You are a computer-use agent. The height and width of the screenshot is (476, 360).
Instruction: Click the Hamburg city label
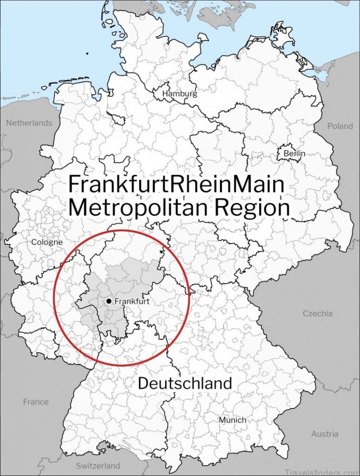tap(180, 93)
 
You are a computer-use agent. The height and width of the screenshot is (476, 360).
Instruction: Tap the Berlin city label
tap(294, 153)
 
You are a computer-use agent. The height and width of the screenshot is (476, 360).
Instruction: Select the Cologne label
tap(47, 242)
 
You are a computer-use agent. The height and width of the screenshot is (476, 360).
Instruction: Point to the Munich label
tap(233, 420)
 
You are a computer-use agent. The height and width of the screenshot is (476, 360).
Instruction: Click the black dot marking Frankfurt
tap(109, 301)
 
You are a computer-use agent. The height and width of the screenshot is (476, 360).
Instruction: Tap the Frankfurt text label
tap(132, 301)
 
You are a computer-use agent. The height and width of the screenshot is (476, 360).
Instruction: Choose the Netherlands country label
tap(29, 123)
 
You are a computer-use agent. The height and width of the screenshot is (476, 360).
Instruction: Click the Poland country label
tap(340, 126)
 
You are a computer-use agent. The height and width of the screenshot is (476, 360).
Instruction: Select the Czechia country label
tap(318, 313)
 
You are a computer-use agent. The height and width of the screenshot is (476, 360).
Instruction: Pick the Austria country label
tap(325, 434)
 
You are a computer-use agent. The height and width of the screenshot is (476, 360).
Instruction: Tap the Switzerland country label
tap(98, 465)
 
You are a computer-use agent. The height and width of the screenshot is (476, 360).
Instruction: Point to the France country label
tap(36, 402)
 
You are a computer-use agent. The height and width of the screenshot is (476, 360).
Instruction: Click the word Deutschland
tap(185, 383)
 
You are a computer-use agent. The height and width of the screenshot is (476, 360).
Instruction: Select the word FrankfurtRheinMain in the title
tap(176, 185)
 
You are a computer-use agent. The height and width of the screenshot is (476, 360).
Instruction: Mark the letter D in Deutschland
tap(144, 383)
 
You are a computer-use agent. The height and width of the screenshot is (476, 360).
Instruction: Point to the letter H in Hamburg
tap(165, 93)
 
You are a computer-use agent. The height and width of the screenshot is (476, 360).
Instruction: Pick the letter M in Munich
tap(222, 420)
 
